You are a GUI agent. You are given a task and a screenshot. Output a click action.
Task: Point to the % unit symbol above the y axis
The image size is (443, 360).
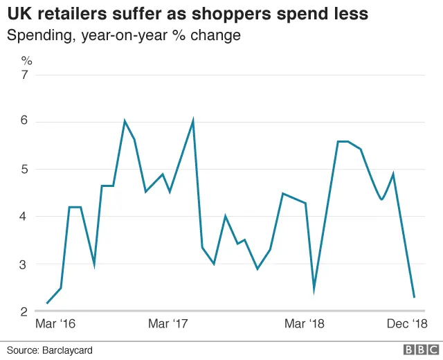(x=27, y=60)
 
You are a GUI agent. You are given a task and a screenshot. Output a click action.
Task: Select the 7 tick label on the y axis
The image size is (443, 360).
(x=26, y=75)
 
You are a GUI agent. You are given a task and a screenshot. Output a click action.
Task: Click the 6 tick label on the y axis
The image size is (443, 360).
(x=26, y=122)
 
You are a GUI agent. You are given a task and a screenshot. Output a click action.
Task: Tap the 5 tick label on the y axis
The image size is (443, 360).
(x=26, y=170)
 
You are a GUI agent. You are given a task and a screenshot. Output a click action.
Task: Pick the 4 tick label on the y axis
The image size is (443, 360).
(x=26, y=217)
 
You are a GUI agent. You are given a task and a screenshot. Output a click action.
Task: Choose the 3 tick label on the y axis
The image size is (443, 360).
(x=26, y=264)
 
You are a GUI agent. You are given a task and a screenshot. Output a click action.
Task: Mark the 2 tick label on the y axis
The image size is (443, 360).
(x=26, y=312)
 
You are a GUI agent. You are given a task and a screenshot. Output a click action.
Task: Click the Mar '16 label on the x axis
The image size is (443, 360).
(x=55, y=324)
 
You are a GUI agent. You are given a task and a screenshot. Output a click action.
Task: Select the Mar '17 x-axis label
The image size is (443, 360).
(x=169, y=324)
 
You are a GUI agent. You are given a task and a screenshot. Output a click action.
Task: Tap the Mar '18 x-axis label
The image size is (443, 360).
(x=305, y=324)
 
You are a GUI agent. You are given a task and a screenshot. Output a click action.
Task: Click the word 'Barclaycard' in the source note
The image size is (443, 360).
(x=66, y=350)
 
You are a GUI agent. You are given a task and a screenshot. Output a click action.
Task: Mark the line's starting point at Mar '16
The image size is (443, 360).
(x=47, y=303)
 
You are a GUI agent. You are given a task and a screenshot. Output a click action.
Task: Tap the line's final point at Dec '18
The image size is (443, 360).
(x=414, y=298)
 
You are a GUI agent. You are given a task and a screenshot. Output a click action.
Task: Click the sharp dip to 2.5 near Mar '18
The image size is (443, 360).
(x=314, y=290)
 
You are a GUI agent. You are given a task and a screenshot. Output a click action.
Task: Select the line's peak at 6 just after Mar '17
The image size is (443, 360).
(x=192, y=120)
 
